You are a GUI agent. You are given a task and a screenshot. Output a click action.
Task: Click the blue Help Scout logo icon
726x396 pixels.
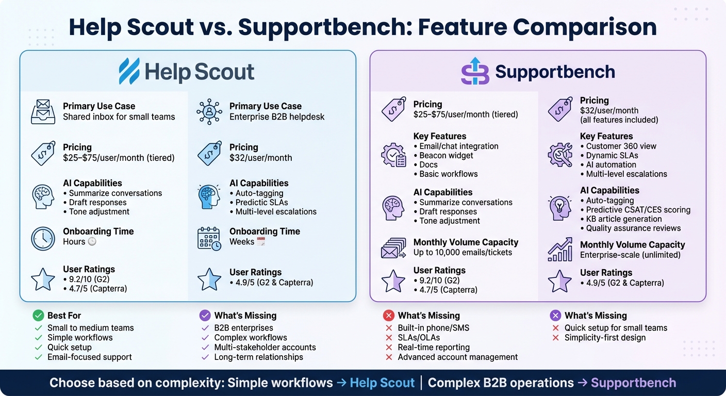pyautogui.click(x=129, y=71)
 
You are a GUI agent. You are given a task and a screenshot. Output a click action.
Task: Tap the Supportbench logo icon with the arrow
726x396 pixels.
pyautogui.click(x=474, y=71)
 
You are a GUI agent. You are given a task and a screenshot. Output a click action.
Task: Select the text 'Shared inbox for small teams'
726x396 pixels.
pyautogui.click(x=119, y=117)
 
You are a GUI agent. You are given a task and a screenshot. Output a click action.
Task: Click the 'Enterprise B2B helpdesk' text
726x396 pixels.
pyautogui.click(x=277, y=117)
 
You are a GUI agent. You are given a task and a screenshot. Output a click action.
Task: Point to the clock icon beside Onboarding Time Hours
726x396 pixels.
pyautogui.click(x=43, y=238)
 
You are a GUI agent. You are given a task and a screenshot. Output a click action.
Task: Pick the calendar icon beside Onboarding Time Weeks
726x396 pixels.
pyautogui.click(x=209, y=238)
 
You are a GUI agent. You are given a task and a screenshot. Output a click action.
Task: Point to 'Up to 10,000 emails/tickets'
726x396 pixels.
pyautogui.click(x=463, y=252)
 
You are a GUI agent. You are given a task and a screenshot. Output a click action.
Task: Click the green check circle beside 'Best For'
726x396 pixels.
pyautogui.click(x=38, y=316)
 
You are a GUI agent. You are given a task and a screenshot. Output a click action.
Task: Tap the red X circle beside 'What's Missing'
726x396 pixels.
pyautogui.click(x=388, y=316)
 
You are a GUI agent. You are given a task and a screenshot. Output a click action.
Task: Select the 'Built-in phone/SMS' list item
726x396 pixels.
pyautogui.click(x=433, y=328)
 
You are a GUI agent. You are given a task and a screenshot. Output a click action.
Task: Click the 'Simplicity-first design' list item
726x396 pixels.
pyautogui.click(x=604, y=338)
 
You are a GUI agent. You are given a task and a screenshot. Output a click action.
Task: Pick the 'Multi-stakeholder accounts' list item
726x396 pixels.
pyautogui.click(x=265, y=348)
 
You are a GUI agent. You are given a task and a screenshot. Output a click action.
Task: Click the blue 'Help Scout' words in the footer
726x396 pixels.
pyautogui.click(x=382, y=383)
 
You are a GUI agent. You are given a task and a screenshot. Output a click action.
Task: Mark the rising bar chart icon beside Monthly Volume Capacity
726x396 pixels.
pyautogui.click(x=559, y=250)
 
